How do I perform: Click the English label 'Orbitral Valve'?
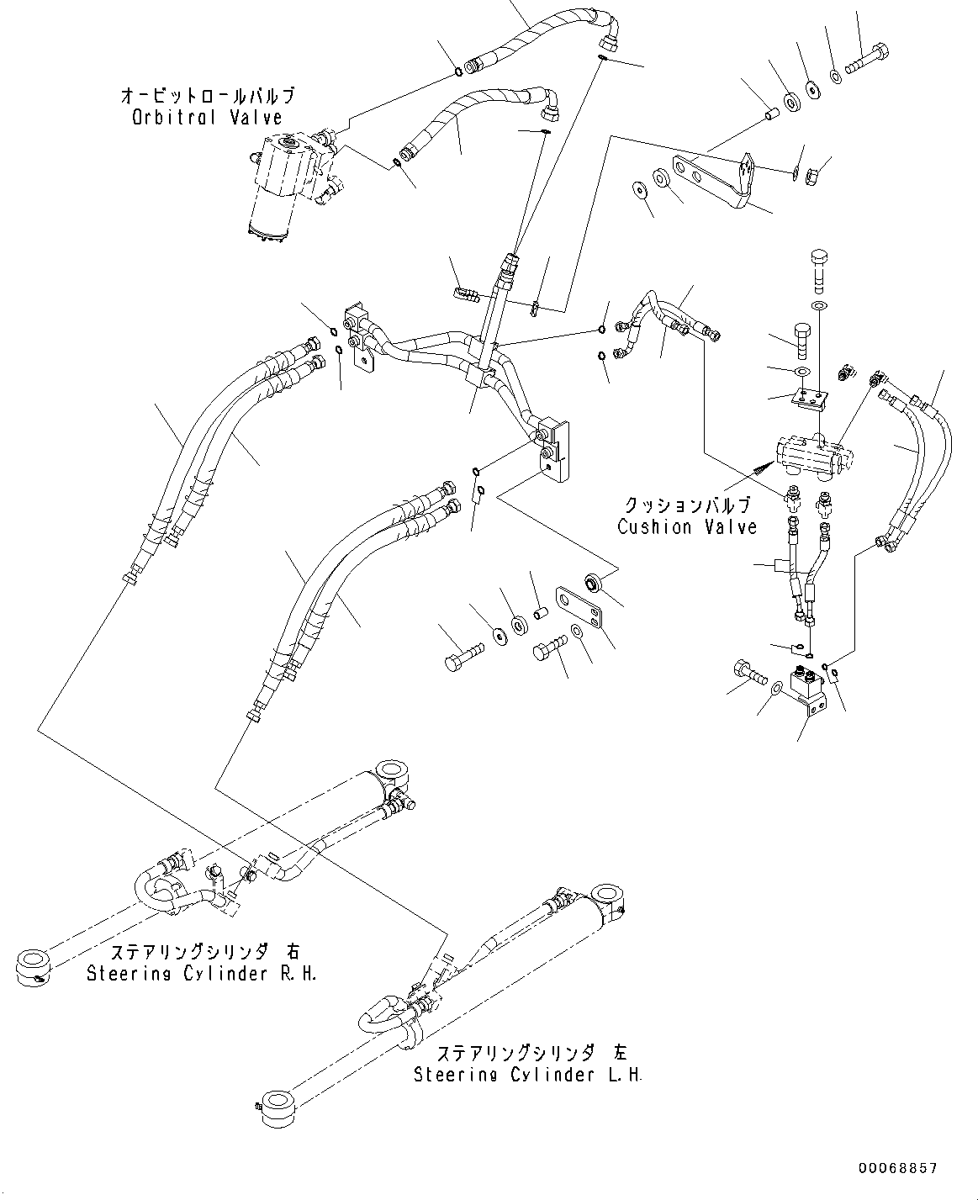(207, 118)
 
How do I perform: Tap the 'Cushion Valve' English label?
(687, 527)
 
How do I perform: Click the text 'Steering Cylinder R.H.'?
(203, 973)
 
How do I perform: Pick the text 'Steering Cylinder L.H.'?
(527, 1075)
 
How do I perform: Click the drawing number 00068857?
(897, 1169)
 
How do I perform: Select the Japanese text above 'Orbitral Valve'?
(207, 96)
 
